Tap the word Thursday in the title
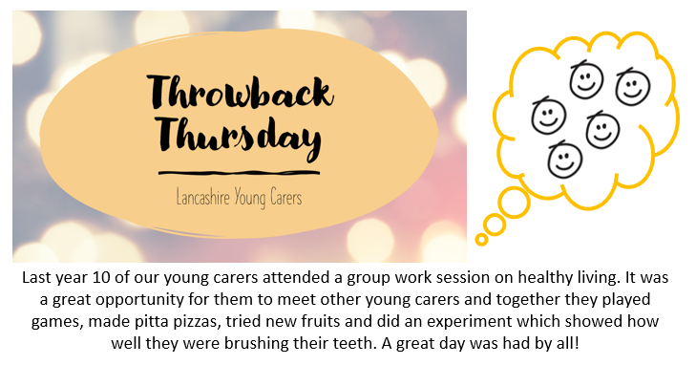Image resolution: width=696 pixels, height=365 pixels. [x=235, y=140]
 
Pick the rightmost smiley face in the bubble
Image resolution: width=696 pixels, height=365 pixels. [x=631, y=87]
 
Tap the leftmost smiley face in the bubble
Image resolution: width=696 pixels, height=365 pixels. [x=547, y=116]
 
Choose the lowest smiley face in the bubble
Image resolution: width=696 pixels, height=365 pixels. [x=565, y=158]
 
